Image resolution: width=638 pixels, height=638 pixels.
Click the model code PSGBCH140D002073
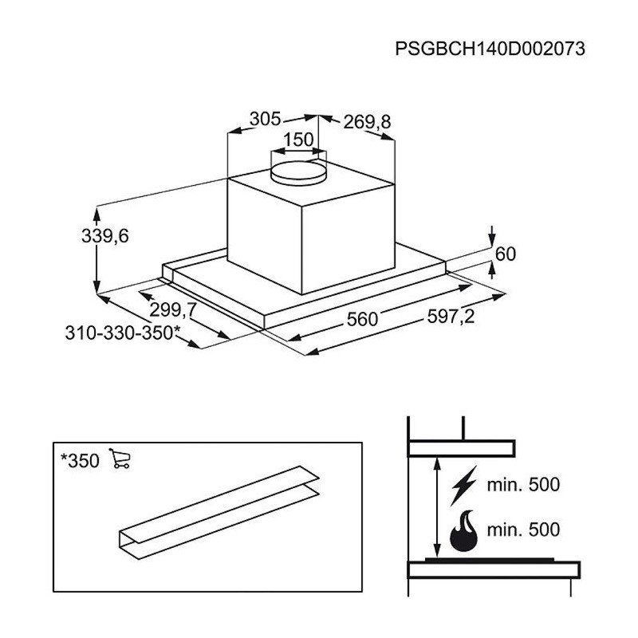click(490, 49)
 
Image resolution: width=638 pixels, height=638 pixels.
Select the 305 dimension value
click(265, 119)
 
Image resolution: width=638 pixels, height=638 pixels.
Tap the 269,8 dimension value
click(367, 122)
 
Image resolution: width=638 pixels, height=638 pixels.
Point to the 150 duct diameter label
click(298, 140)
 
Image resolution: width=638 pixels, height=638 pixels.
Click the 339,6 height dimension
click(105, 236)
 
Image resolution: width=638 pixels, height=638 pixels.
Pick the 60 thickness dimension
click(506, 254)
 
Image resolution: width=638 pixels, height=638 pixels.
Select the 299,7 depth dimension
click(173, 310)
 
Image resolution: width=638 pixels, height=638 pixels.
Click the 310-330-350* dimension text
click(123, 333)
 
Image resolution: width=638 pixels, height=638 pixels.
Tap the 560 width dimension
click(362, 319)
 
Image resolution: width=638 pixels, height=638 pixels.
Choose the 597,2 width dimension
click(451, 316)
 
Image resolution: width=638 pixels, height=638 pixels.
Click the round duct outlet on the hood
click(298, 173)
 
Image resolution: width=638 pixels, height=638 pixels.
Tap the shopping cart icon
click(120, 458)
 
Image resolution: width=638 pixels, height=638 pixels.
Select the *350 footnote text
click(80, 461)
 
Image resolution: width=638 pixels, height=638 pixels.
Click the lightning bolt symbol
click(463, 486)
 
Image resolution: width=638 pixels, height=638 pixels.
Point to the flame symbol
click(463, 531)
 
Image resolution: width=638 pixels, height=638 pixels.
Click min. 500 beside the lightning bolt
click(523, 485)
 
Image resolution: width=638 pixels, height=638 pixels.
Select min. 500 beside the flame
click(523, 530)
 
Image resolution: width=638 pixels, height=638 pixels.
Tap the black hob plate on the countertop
click(490, 560)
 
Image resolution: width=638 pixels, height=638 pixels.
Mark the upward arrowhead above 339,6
click(96, 215)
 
